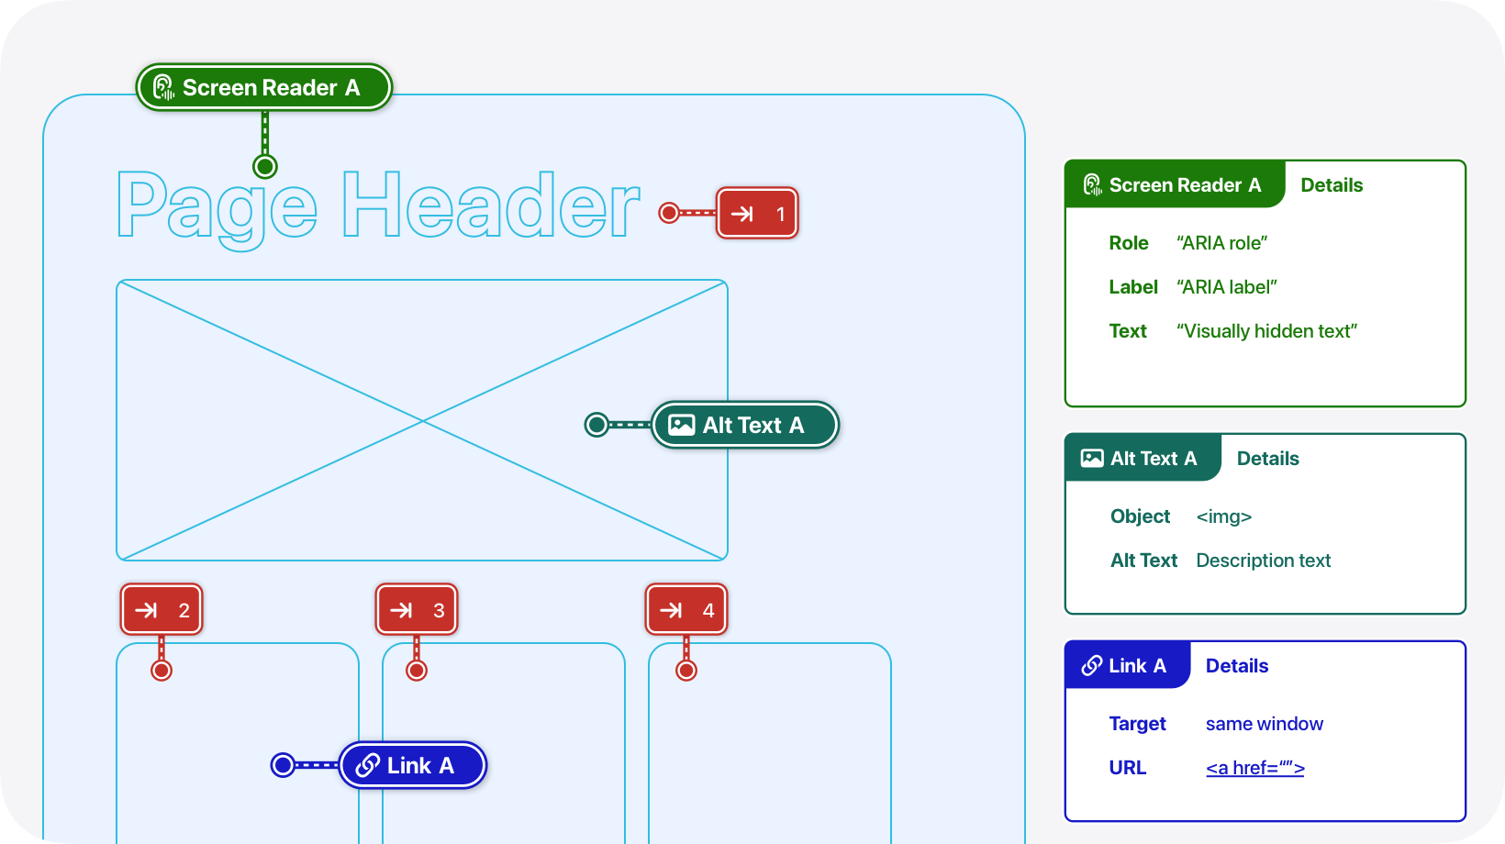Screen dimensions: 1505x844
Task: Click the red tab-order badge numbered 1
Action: [x=757, y=214]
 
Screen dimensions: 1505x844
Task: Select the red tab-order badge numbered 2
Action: [x=162, y=610]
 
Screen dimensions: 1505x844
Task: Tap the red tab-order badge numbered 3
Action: [x=417, y=610]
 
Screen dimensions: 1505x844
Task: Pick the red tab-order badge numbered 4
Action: [x=686, y=610]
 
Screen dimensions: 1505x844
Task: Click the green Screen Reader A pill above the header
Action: [x=264, y=87]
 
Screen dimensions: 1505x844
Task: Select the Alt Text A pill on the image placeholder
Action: [x=745, y=425]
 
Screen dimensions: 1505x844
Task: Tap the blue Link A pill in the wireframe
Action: [x=413, y=765]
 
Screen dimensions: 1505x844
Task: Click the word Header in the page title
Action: [x=490, y=205]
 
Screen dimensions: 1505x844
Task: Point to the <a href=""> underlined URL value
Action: [x=1255, y=768]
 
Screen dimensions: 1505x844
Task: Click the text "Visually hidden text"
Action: [x=1266, y=331]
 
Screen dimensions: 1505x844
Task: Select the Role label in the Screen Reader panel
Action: [x=1129, y=243]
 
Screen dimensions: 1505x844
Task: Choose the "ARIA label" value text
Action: [x=1227, y=287]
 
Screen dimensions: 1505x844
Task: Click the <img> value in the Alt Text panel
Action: [x=1224, y=516]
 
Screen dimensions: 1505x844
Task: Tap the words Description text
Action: [x=1263, y=561]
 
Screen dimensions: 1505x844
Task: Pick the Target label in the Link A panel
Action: [x=1138, y=724]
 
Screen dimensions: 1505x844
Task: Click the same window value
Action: [x=1265, y=724]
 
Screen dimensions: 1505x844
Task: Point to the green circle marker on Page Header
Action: [x=265, y=167]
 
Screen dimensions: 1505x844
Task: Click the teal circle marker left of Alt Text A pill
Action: [x=596, y=425]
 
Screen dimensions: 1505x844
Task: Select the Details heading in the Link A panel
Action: [x=1237, y=665]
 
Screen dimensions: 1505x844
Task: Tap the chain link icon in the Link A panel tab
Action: [x=1092, y=665]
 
